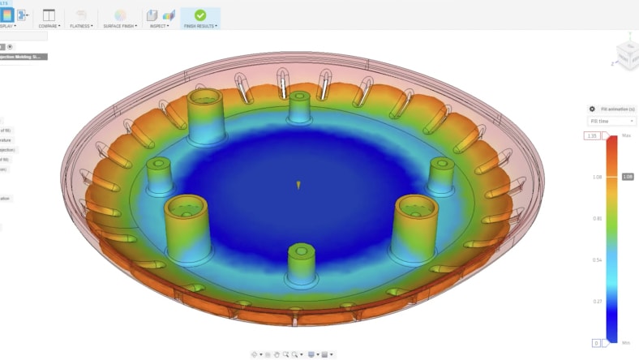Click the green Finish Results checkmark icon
(x=200, y=15)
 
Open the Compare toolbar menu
(x=49, y=25)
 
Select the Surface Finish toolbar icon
(x=120, y=15)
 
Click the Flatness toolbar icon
(x=81, y=15)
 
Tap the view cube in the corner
(x=626, y=52)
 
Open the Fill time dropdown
(x=611, y=121)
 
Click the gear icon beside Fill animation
(x=592, y=109)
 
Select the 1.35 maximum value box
(x=592, y=135)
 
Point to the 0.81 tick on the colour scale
(x=597, y=218)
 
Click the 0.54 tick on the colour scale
(x=597, y=259)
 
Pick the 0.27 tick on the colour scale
(x=597, y=301)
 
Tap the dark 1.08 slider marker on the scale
(x=628, y=176)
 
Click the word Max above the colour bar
(x=626, y=135)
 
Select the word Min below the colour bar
(x=626, y=343)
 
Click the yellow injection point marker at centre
(x=298, y=186)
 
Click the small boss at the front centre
(x=301, y=264)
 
